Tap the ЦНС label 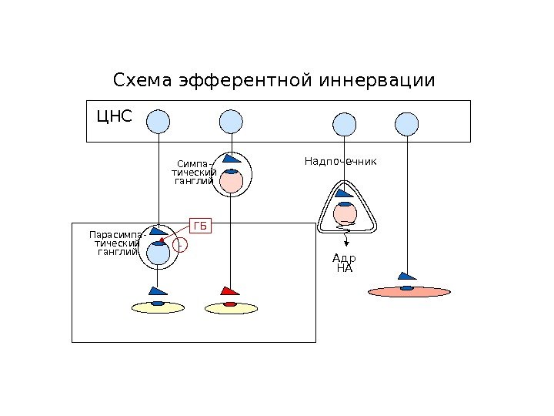pos(114,117)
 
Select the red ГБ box pos(201,226)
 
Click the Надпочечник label pos(340,162)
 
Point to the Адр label pos(344,259)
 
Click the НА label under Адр pos(344,269)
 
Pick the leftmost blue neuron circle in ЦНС pos(158,122)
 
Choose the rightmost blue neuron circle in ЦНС pos(406,123)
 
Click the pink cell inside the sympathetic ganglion pos(231,182)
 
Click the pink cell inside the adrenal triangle pos(345,213)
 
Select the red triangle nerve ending pos(230,291)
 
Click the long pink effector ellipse pos(409,292)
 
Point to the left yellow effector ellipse pos(158,307)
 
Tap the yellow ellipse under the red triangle pos(230,307)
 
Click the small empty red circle pos(180,245)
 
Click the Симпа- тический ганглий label pos(194,173)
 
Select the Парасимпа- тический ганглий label pos(115,243)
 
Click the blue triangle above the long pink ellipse pos(405,276)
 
